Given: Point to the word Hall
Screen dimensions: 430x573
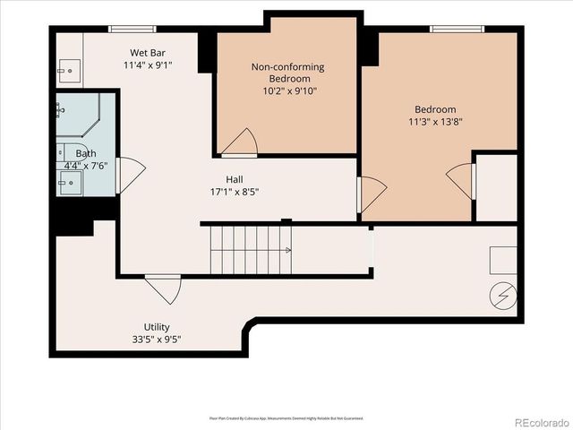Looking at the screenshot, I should tap(235, 179).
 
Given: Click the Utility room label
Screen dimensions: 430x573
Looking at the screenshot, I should tap(157, 327).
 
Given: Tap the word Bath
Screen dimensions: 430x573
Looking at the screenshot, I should tap(86, 154).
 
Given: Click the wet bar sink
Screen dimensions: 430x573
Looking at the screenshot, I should tap(68, 69).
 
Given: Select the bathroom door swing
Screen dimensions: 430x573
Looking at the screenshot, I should tap(130, 175).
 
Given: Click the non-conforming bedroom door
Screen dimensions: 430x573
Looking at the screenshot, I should tap(241, 142).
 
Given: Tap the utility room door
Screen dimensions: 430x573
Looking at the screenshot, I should tap(164, 288).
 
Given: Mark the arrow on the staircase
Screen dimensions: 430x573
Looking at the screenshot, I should tap(286, 251).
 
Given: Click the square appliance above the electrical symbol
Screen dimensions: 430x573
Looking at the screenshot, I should tap(502, 260).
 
